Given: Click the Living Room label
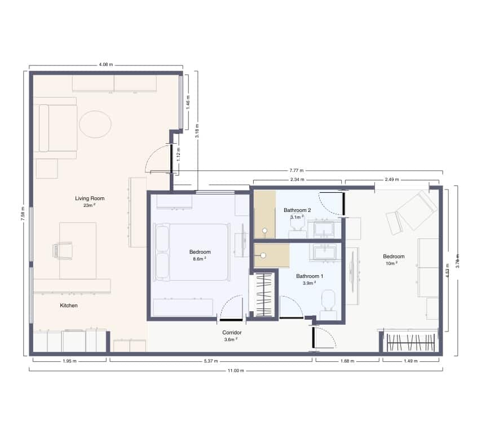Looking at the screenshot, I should pos(90,198).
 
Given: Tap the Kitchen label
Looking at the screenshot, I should pos(69,306).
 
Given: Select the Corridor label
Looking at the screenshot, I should pos(232,333).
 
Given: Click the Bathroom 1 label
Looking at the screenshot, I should pos(310,276).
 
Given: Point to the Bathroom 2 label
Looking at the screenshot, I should pos(297,210).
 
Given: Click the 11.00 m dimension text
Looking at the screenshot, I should pos(236,370).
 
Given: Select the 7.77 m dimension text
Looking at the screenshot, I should pos(297,170).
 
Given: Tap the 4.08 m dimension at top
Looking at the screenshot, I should pos(105,65).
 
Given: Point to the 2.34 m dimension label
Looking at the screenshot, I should pos(297,180).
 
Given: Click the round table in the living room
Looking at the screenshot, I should pos(95,125).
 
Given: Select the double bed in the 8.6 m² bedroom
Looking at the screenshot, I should pos(192,252).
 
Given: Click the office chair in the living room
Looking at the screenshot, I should pos(63,250).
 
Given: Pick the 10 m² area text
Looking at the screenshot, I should pos(392,263).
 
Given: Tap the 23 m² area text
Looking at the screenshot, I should pos(90,205).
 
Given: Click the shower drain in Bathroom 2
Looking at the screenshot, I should pos(264,230).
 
